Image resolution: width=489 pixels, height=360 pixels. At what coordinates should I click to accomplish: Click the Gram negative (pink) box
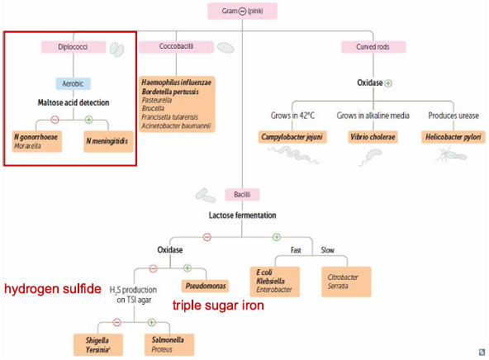[242, 12]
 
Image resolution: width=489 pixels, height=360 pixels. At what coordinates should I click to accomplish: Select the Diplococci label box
[74, 47]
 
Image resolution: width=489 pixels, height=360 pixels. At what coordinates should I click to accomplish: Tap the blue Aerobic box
[74, 84]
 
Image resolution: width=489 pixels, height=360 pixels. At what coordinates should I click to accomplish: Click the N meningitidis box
[108, 141]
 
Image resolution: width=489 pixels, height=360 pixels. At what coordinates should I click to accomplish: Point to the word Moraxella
[27, 146]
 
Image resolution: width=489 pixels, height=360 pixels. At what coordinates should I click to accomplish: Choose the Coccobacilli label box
[176, 46]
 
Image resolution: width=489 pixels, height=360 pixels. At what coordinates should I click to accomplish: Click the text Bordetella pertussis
[170, 92]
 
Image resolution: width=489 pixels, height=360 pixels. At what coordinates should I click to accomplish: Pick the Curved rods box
[373, 47]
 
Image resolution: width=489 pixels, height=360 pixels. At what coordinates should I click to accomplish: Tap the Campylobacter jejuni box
[292, 137]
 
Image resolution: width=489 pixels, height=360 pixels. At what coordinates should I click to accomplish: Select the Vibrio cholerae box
[373, 137]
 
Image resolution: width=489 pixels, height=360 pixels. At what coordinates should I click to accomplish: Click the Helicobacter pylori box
[453, 137]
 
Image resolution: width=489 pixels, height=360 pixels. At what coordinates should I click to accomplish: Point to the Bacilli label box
[242, 195]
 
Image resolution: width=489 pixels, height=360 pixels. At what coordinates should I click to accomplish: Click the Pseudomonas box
[205, 286]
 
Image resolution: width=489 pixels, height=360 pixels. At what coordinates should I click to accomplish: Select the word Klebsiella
[270, 281]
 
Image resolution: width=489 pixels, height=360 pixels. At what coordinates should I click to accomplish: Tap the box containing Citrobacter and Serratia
[346, 282]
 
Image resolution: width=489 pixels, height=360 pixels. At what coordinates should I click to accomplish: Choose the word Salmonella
[168, 339]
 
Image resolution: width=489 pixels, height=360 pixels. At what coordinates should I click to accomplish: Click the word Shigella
[97, 340]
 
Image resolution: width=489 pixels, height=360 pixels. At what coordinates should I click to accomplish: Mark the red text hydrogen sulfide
[53, 289]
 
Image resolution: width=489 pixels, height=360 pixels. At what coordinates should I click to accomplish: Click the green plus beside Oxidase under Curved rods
[388, 83]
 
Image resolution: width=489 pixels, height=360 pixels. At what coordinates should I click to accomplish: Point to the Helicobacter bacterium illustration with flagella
[451, 154]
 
